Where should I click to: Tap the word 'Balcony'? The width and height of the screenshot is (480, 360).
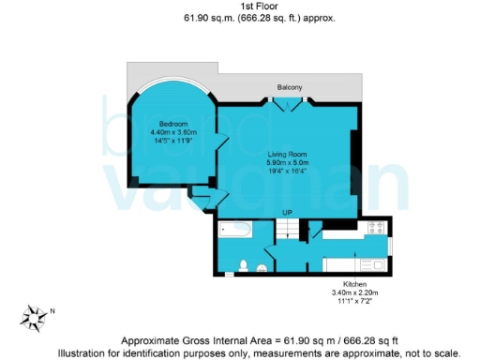tap(289, 87)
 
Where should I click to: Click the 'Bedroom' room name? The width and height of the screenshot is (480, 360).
tap(172, 124)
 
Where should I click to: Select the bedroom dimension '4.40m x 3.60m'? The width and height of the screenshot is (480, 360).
tap(172, 132)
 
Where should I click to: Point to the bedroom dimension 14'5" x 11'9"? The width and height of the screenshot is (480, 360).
tap(172, 141)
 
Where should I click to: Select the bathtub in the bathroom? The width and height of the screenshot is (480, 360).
tap(235, 230)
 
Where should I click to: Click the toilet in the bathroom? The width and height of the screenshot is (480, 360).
tap(243, 266)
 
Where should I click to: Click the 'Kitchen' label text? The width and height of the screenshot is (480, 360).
tap(353, 283)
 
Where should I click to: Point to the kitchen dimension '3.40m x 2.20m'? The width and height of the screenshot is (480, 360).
tap(353, 292)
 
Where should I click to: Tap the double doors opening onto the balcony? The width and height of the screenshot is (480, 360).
tap(289, 105)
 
